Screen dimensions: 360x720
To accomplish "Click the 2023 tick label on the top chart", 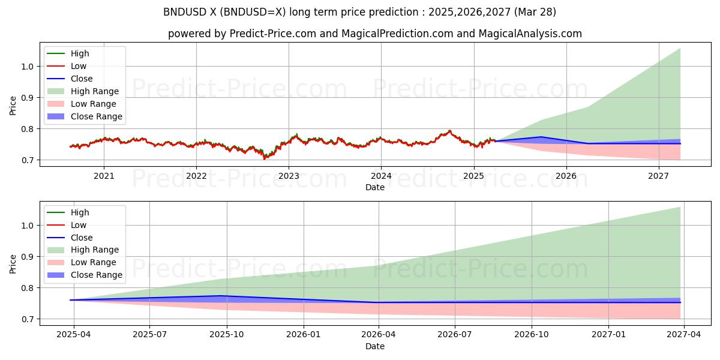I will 289,176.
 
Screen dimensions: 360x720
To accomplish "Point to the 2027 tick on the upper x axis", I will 658,176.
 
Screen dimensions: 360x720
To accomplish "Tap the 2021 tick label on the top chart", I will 104,176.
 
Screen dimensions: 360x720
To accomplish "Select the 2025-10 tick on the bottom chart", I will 227,335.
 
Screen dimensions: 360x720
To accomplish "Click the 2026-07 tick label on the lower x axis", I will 455,335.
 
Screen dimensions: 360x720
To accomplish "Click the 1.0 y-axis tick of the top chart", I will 28,67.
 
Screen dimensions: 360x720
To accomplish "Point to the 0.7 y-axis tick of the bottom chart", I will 28,319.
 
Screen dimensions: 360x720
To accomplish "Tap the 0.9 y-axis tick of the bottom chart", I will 28,257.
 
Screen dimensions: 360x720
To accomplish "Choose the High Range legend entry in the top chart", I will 95,91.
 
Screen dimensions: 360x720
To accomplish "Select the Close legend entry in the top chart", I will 82,79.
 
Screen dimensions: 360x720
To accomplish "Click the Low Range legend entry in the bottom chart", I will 94,262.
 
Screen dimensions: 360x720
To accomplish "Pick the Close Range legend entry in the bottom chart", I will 96,275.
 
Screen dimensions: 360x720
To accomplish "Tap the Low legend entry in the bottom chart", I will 79,225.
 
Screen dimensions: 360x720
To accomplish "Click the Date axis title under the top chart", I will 375,187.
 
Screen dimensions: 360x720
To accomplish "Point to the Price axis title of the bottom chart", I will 13,263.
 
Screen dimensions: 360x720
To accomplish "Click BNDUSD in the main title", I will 183,12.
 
